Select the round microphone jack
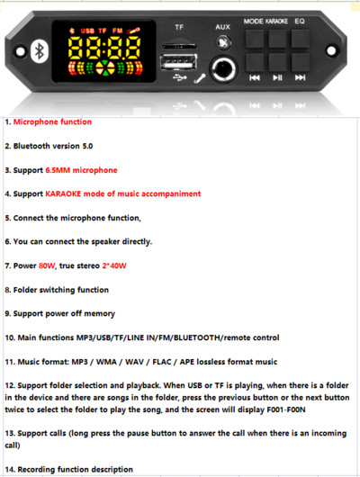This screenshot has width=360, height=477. coord(222,67)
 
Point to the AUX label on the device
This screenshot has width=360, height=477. coord(222,27)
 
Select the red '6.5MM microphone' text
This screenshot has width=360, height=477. coord(81,169)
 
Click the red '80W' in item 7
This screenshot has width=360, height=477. coord(49,265)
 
